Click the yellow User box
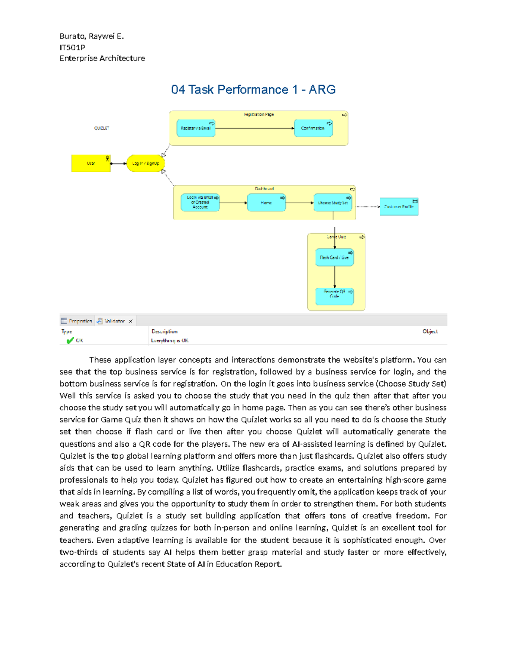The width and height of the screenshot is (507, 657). (x=91, y=163)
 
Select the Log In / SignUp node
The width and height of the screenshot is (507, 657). (x=145, y=163)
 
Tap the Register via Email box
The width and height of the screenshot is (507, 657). (x=196, y=128)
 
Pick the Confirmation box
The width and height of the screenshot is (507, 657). (x=313, y=128)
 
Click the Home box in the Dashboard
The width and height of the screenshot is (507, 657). (x=266, y=203)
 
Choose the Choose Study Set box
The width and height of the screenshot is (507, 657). (x=333, y=203)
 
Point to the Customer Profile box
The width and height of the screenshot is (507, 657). (x=399, y=207)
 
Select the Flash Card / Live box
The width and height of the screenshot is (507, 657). (x=334, y=258)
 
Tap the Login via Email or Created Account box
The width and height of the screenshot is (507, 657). (x=200, y=203)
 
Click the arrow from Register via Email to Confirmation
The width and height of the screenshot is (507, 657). (x=253, y=128)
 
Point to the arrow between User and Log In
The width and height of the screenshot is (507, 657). (x=119, y=164)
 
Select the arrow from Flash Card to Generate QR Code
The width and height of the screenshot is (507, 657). (x=335, y=277)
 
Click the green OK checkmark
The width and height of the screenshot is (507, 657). (x=70, y=341)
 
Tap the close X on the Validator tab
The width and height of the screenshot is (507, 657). (x=131, y=322)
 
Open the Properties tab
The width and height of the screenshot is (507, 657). (x=76, y=321)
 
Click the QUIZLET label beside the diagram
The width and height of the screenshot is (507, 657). (x=101, y=128)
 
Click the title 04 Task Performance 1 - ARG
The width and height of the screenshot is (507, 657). (x=253, y=90)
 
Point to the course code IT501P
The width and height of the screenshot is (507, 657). (x=72, y=47)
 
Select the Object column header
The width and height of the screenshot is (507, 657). (x=430, y=332)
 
